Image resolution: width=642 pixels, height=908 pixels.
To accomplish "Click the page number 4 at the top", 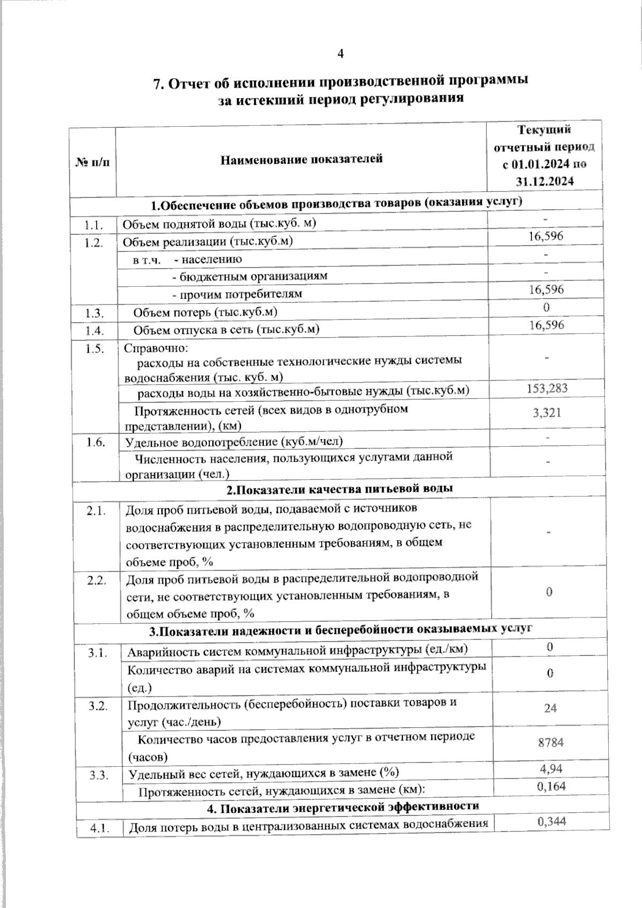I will (340, 54).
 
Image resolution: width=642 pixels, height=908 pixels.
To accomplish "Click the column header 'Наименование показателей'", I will (302, 159).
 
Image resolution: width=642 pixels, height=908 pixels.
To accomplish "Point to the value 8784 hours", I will (550, 743).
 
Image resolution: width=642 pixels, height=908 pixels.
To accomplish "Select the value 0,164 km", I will (551, 785).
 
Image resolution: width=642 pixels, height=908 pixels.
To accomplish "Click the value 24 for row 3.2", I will (550, 708).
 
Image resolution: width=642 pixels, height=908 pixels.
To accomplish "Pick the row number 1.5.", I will (94, 348).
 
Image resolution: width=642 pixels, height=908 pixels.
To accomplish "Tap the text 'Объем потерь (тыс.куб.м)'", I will (205, 312).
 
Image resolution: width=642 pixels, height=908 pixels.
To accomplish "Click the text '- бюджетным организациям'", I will (249, 276).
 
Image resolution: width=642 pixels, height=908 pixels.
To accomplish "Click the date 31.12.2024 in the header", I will (545, 181).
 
